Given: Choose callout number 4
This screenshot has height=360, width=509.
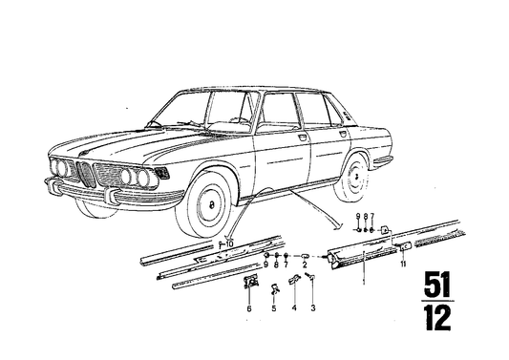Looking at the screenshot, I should (x=294, y=309).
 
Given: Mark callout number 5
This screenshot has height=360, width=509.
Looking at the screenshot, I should (x=273, y=309).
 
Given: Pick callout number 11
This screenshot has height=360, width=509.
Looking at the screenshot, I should (x=404, y=264).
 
